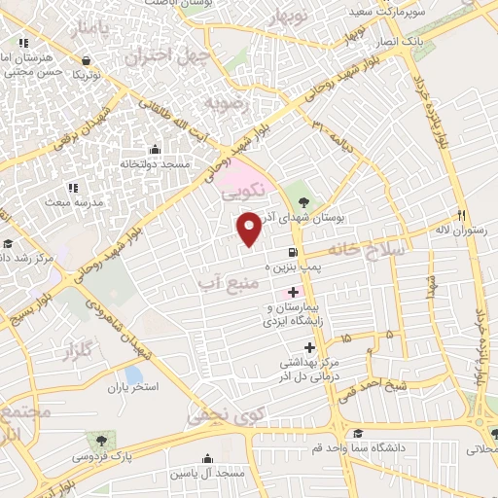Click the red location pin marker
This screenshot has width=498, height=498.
pyautogui.click(x=249, y=229)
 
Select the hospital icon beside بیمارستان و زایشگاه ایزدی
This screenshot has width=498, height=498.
pyautogui.click(x=293, y=293)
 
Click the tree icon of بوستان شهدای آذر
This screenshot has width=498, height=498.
pyautogui.click(x=304, y=202)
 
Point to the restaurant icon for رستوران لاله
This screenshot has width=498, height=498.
pyautogui.click(x=462, y=215)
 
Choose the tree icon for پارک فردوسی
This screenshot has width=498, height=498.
pyautogui.click(x=94, y=441)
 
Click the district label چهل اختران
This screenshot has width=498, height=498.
pyautogui.click(x=190, y=56)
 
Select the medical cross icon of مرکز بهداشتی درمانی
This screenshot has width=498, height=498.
pyautogui.click(x=309, y=347)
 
